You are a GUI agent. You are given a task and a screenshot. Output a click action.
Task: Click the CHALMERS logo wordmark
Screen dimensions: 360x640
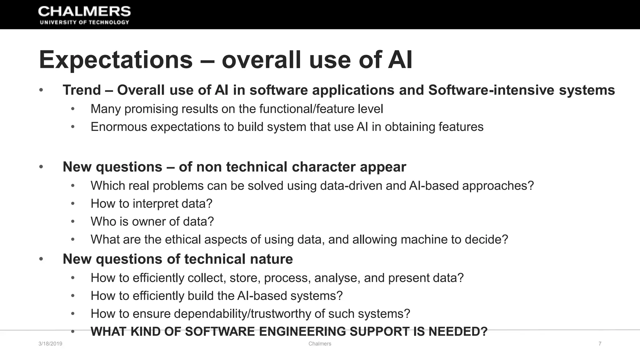coord(84,12)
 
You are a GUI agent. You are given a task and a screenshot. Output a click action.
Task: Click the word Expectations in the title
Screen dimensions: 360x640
coord(116,60)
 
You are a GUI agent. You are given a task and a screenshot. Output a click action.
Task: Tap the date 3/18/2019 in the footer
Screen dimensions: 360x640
coord(50,344)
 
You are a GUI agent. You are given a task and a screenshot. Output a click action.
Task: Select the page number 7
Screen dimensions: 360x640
coord(600,344)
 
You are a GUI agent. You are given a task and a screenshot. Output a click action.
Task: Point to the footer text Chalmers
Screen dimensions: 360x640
coord(320,344)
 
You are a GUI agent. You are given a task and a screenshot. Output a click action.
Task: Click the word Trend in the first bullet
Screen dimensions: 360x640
coord(82,90)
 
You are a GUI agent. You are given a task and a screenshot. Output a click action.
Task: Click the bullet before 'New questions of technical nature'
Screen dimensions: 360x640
coord(41,259)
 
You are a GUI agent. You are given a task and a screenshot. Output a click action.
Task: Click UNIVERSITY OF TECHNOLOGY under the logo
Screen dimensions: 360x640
coord(84,22)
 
